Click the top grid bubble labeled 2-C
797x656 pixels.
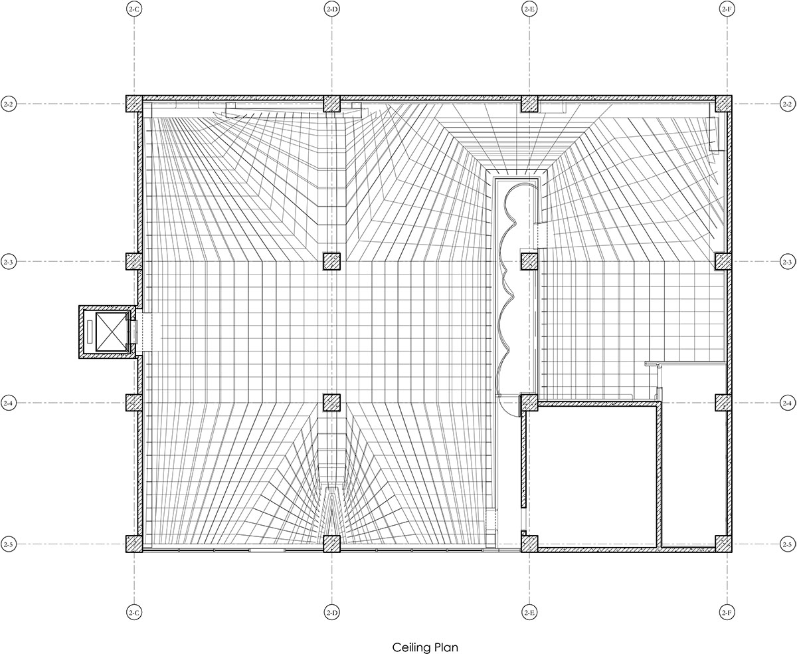tap(134, 9)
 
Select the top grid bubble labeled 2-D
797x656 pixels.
tap(332, 9)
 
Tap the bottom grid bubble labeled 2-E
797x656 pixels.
tap(529, 611)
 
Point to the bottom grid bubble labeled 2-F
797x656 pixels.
tap(727, 611)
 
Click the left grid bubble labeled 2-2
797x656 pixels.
tap(9, 104)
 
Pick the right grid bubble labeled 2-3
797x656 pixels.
tap(787, 262)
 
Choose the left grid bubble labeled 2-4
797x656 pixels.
tap(9, 403)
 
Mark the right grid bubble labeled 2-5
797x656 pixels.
tap(787, 544)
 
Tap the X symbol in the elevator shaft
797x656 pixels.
tap(111, 332)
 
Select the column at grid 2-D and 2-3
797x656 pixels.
tap(332, 262)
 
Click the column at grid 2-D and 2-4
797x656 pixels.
tap(332, 403)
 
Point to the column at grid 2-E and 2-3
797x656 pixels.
tap(529, 262)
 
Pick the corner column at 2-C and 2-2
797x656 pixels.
tap(134, 104)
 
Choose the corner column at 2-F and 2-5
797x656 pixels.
tap(724, 544)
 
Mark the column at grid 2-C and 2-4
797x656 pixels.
tap(134, 403)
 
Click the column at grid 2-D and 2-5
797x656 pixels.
tap(332, 544)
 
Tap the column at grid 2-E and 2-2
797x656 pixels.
tap(529, 104)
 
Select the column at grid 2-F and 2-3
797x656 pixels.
tap(724, 262)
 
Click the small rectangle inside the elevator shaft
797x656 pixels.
tap(89, 332)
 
